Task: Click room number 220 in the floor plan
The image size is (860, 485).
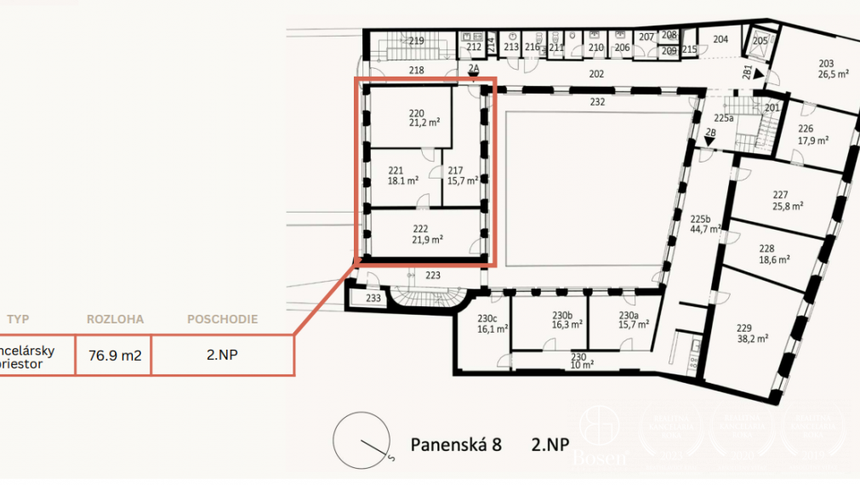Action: click(416, 112)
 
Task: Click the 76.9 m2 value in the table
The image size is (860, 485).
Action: click(114, 356)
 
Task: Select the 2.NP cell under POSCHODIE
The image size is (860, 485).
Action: click(222, 356)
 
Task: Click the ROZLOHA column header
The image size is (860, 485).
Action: click(115, 320)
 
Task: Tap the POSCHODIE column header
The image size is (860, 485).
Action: click(222, 320)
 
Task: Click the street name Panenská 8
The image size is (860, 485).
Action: click(456, 444)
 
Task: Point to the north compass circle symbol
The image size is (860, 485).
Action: click(361, 440)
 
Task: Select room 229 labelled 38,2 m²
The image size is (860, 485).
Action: click(752, 332)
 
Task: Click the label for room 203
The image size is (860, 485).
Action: click(825, 64)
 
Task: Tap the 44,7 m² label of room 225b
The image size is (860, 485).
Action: click(705, 229)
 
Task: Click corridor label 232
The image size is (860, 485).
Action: click(597, 102)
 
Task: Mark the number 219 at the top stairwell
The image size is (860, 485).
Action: click(416, 41)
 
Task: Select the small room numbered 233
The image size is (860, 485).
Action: click(373, 298)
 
